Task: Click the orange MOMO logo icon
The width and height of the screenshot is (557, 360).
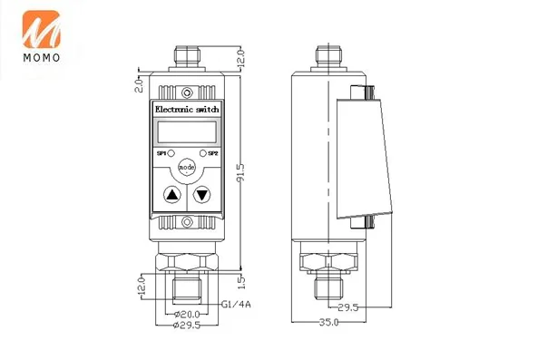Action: (42, 29)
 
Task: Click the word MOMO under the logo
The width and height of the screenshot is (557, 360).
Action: (42, 58)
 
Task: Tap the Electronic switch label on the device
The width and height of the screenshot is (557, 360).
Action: (187, 110)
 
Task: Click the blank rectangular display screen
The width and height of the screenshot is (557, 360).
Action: (187, 132)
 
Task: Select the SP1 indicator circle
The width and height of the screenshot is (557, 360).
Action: (171, 153)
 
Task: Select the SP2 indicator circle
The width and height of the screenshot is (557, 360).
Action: (203, 153)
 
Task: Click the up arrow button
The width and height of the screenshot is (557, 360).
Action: (172, 195)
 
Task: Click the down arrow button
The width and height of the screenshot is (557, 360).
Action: (201, 195)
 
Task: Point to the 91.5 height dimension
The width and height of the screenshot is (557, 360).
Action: (240, 172)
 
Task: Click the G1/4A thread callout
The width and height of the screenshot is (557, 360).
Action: (236, 305)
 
